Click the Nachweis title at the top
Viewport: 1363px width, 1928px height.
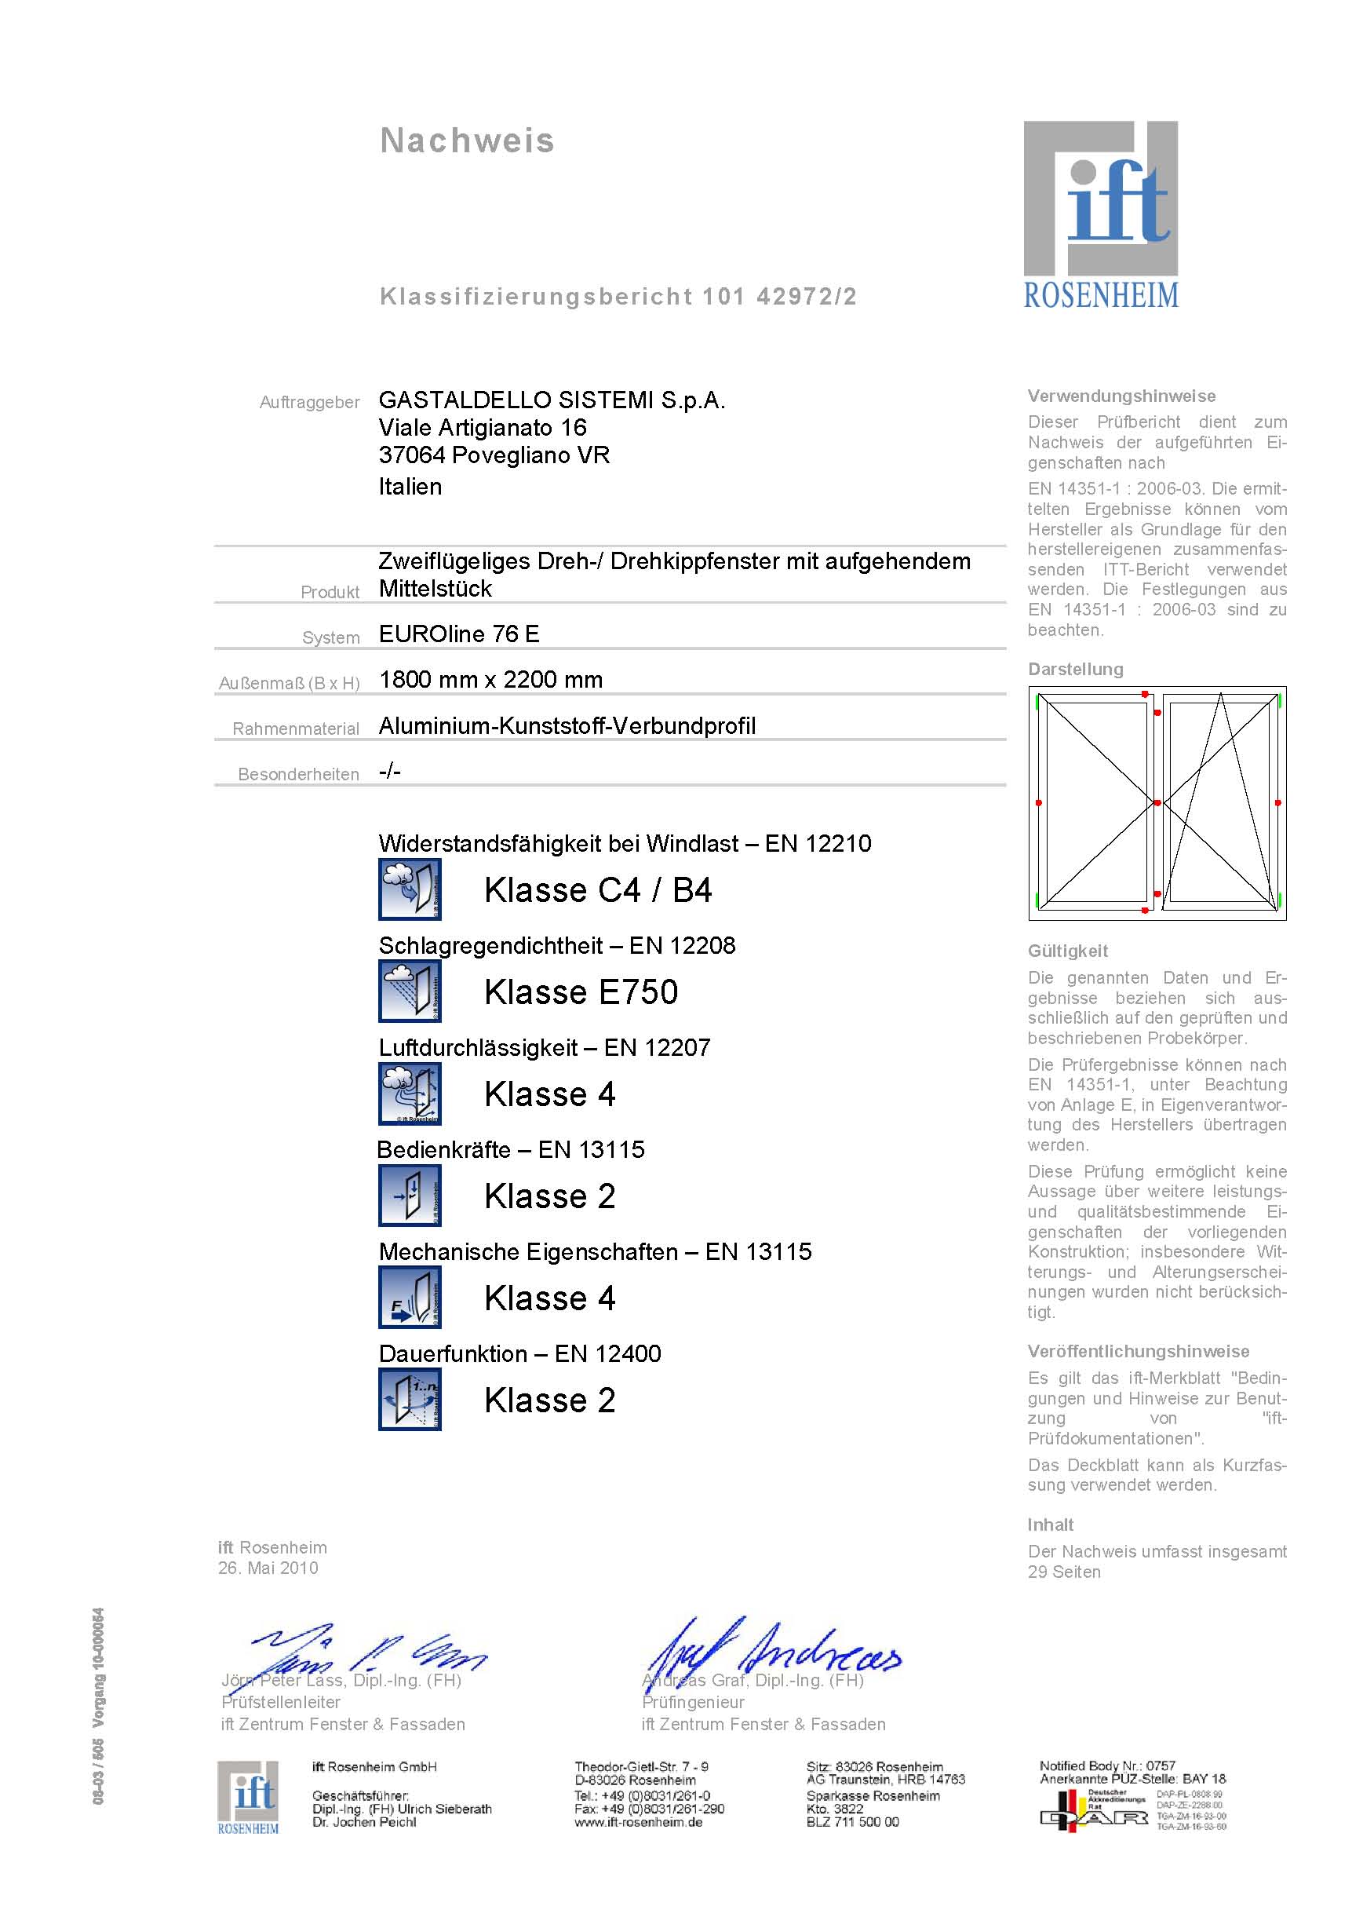point(467,141)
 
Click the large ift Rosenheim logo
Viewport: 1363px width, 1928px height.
point(1100,214)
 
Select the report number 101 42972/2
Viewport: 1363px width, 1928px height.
point(779,297)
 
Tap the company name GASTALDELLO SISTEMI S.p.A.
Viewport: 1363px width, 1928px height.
point(552,400)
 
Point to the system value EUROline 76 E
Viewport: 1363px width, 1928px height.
point(458,634)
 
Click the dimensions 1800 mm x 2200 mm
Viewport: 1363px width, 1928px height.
point(490,679)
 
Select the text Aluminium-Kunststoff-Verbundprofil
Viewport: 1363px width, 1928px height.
point(567,725)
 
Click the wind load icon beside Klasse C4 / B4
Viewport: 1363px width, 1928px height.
point(410,889)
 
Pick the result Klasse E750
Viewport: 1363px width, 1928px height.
point(581,991)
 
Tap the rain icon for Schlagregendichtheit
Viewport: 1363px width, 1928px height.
point(410,991)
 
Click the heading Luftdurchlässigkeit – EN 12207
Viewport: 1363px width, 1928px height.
point(544,1047)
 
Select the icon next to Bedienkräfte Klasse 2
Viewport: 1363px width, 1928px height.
point(410,1196)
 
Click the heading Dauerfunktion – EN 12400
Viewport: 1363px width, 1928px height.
point(519,1353)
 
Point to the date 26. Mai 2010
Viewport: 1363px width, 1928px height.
point(268,1568)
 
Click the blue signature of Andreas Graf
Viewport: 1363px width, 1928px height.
point(772,1650)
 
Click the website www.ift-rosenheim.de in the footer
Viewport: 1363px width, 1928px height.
point(638,1822)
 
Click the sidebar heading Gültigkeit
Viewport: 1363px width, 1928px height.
point(1068,951)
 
